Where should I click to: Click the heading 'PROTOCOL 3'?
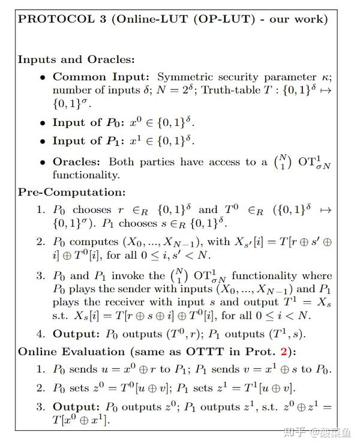[x=53, y=19]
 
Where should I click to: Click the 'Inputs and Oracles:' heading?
[x=76, y=59]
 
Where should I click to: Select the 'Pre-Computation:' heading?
[x=71, y=193]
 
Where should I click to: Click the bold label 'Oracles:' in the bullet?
[x=78, y=161]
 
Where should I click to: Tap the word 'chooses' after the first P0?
[x=91, y=210]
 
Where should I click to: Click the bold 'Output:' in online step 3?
[x=75, y=407]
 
